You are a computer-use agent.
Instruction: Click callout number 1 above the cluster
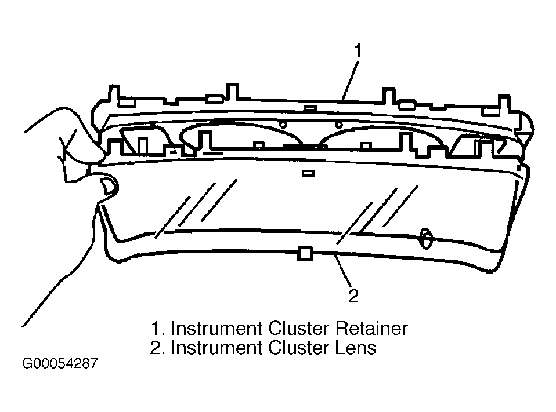point(358,50)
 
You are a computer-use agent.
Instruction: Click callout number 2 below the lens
point(353,296)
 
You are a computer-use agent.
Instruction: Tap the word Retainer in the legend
point(371,328)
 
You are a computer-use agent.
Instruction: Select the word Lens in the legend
point(356,347)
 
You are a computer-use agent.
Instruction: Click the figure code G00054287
point(60,363)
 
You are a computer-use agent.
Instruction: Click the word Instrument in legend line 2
point(217,347)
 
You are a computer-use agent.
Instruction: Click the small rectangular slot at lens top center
point(308,173)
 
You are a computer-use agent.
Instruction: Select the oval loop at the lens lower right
point(425,238)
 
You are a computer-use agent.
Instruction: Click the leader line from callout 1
point(350,81)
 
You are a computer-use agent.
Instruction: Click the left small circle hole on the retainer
point(283,124)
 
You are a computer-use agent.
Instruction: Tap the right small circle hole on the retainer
point(338,125)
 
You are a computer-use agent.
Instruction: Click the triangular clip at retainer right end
point(524,133)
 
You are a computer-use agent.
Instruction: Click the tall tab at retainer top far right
point(504,103)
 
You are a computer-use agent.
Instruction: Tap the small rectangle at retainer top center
point(311,108)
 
